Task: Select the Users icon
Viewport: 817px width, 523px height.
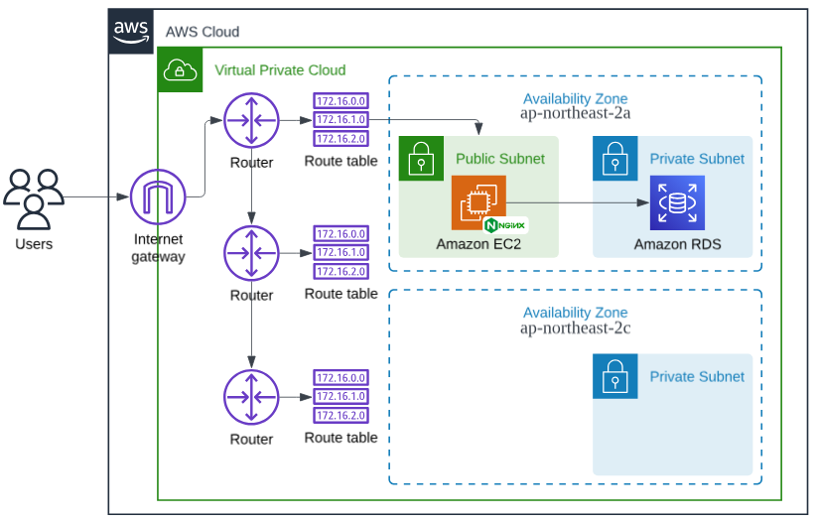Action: coord(34,197)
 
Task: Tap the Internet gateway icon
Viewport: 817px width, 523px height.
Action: coord(159,197)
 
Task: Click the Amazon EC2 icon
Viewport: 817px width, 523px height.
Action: coord(478,202)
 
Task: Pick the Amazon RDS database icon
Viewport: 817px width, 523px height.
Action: coord(677,202)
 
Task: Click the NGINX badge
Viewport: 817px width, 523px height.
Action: coord(512,225)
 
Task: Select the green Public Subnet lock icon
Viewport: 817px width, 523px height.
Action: coord(421,159)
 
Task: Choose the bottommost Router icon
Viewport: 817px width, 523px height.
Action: coord(251,397)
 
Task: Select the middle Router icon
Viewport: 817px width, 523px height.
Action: coord(251,254)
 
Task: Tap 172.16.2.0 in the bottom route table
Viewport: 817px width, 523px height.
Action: coord(340,415)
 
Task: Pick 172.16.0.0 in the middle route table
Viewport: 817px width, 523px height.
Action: coord(340,233)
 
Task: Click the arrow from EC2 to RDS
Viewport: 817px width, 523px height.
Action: coord(576,202)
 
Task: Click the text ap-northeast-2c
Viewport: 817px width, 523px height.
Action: coord(575,327)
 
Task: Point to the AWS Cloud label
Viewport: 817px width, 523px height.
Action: coord(203,32)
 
